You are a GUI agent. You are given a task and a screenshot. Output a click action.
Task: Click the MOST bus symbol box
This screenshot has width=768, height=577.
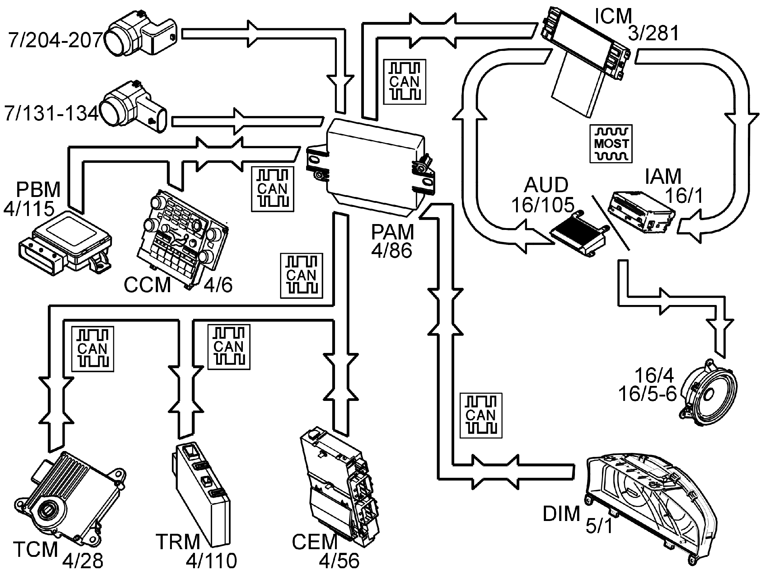click(611, 144)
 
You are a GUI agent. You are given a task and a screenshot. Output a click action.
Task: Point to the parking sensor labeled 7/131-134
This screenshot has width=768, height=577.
click(133, 107)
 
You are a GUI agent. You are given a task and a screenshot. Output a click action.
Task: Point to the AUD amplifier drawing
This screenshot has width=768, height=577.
click(578, 234)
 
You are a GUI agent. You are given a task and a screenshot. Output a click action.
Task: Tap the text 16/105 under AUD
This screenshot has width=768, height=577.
click(543, 205)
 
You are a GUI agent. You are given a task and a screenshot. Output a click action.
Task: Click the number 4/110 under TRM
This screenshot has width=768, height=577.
click(211, 561)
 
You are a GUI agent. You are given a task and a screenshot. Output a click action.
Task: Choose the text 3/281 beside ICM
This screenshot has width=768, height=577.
click(654, 34)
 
